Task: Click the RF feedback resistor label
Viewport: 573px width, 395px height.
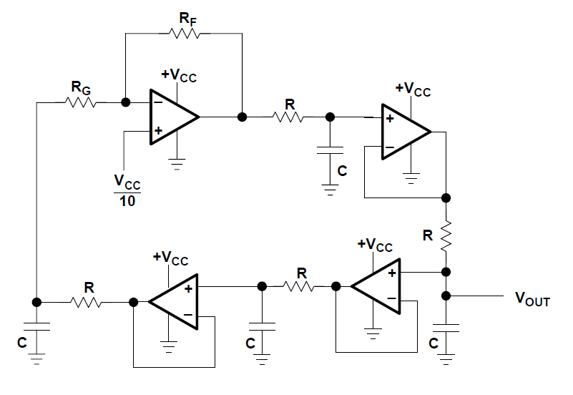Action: coord(188,19)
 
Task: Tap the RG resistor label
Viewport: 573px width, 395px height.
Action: coord(81,88)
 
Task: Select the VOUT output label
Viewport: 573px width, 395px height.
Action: coord(532,299)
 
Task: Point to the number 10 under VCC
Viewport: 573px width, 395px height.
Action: coord(127,201)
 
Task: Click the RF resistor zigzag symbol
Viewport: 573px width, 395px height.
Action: coord(184,34)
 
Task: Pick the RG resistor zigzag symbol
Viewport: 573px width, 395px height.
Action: coord(81,102)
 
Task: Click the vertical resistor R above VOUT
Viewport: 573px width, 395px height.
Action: coord(446,235)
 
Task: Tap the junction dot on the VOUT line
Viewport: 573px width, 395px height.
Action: coord(446,296)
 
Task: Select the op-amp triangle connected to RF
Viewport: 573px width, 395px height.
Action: coord(175,117)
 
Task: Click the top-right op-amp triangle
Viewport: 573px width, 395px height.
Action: coord(406,132)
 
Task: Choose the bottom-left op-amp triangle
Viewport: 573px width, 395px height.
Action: coord(173,302)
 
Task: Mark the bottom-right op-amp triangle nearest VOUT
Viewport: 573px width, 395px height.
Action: coord(376,286)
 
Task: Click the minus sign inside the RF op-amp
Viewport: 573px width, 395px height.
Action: coord(158,102)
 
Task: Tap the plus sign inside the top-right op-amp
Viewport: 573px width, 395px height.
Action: coord(390,118)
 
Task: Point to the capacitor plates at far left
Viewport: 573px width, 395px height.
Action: coord(36,327)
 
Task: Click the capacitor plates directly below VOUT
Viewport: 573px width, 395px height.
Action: coord(446,328)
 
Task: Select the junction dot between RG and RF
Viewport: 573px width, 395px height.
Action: coord(125,102)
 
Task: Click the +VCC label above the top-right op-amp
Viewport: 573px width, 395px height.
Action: coord(413,89)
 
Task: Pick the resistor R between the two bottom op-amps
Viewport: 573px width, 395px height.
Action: coord(298,286)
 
